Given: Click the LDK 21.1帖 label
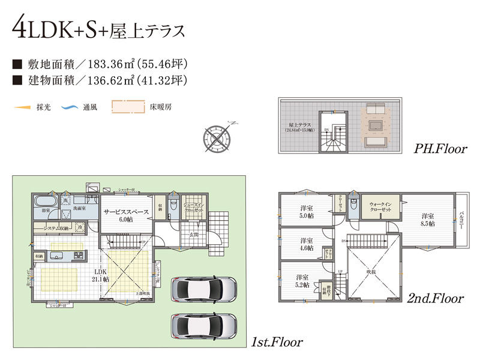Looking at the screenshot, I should pyautogui.click(x=100, y=275).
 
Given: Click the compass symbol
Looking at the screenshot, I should pyautogui.click(x=217, y=135).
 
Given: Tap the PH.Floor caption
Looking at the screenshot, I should pyautogui.click(x=441, y=148).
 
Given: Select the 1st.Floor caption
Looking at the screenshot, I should pyautogui.click(x=277, y=343).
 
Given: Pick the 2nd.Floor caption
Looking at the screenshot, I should pyautogui.click(x=436, y=298).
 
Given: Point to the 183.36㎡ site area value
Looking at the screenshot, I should pyautogui.click(x=113, y=62).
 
